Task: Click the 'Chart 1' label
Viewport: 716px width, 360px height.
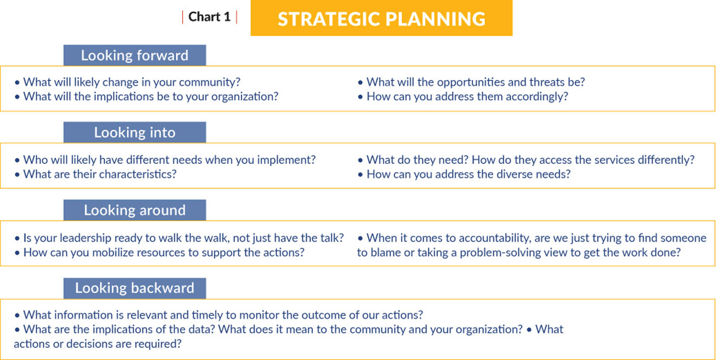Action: click(x=209, y=17)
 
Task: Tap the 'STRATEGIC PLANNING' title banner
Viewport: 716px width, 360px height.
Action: click(x=381, y=18)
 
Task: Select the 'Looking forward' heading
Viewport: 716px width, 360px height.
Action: click(x=135, y=56)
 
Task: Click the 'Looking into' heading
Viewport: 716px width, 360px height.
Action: click(x=135, y=133)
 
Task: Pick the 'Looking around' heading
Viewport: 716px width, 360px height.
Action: click(x=135, y=210)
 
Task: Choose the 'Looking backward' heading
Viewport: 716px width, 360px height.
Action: click(x=135, y=288)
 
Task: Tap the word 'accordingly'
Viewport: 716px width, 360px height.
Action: click(x=537, y=97)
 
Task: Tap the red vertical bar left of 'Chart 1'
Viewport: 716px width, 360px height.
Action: click(x=183, y=17)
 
